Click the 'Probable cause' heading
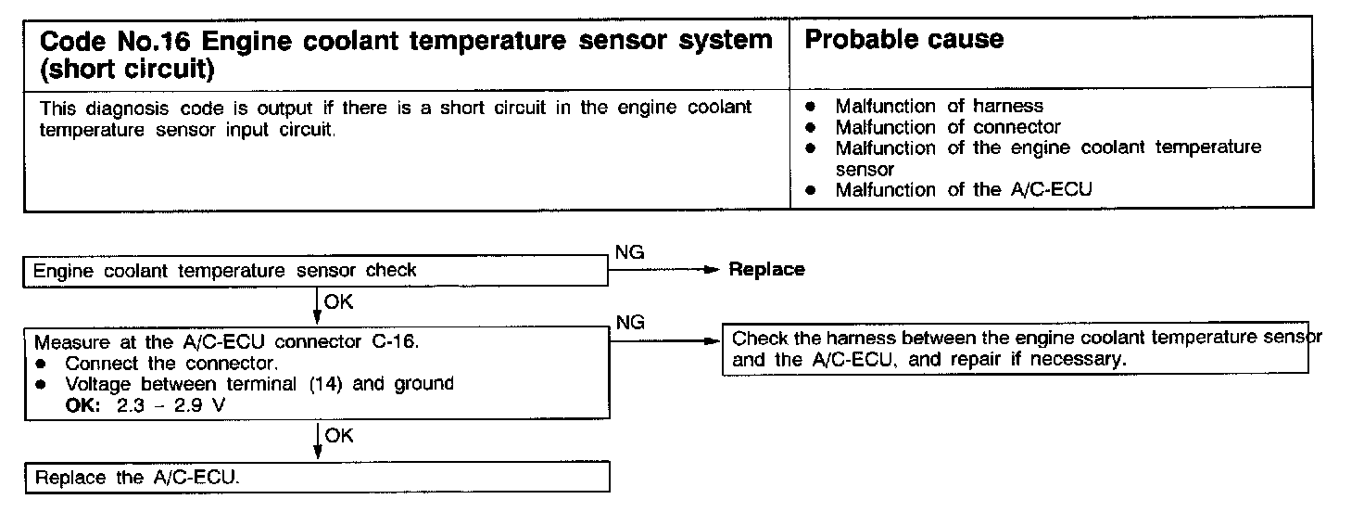click(x=904, y=39)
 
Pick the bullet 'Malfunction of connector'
click(x=947, y=127)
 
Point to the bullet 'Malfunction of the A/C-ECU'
click(x=964, y=190)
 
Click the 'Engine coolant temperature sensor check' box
click(x=224, y=271)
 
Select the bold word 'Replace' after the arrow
click(x=766, y=270)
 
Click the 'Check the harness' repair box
click(x=1015, y=350)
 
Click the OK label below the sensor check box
click(x=339, y=301)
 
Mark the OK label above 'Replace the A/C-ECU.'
click(x=339, y=436)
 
